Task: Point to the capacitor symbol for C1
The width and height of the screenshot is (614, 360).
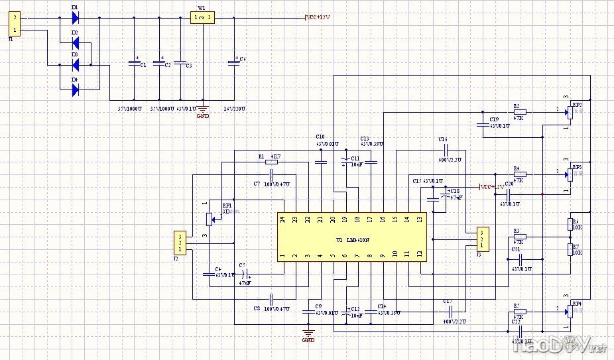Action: pos(135,64)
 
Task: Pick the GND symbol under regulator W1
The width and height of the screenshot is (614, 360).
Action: pos(203,110)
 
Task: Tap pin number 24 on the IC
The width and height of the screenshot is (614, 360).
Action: pos(282,219)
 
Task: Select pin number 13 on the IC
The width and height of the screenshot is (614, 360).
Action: pos(418,219)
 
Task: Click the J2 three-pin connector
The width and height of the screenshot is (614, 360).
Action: pos(179,242)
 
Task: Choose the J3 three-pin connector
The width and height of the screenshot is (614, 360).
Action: pos(482,239)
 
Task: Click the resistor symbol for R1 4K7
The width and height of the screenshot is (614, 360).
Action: pos(271,161)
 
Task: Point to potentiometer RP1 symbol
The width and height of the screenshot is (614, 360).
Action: pos(211,217)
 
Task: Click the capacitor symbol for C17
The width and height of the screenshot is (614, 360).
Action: pos(450,310)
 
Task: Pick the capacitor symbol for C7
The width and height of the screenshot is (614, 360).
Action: pos(271,174)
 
